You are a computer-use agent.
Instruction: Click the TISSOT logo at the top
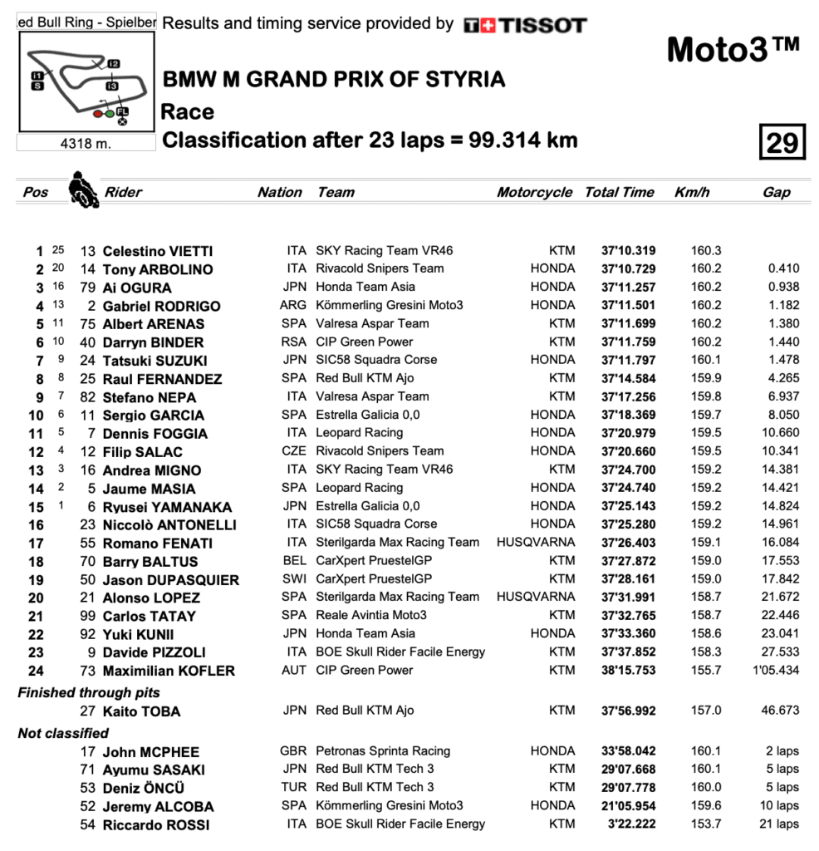coord(525,25)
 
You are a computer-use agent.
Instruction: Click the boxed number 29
coord(782,143)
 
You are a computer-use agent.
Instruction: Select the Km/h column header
coord(692,192)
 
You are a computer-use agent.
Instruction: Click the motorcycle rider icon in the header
coord(81,189)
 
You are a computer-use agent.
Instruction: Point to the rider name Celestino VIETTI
coord(157,251)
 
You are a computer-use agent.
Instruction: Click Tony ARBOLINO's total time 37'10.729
coord(628,269)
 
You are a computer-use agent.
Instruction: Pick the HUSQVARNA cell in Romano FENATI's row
coord(535,542)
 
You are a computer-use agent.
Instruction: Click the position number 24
coord(36,671)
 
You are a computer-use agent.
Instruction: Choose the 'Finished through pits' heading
coord(89,692)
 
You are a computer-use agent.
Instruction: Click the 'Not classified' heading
coord(63,733)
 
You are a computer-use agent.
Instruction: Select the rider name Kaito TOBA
coord(141,711)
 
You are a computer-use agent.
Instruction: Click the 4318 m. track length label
coord(86,144)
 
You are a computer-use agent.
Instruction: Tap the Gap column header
coord(776,192)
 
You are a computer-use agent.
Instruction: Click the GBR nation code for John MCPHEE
coord(293,751)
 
